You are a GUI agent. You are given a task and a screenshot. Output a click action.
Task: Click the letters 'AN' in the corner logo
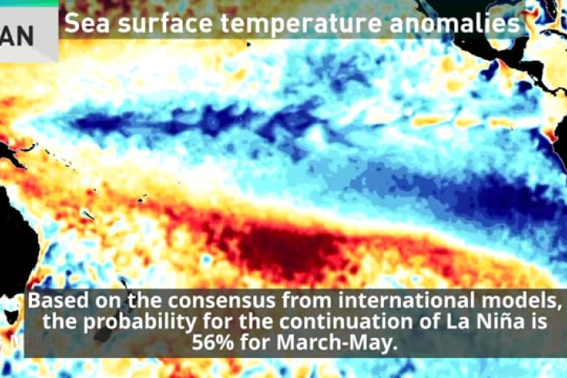pos(17,35)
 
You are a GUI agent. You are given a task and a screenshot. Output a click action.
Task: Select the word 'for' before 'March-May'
pos(256,342)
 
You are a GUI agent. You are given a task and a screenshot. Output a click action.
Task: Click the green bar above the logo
pos(30,3)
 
